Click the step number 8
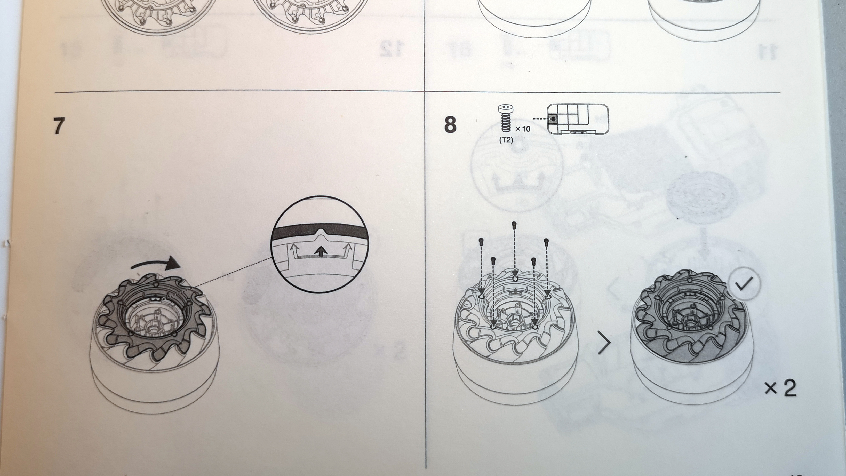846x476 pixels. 450,125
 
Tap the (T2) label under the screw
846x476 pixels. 506,140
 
